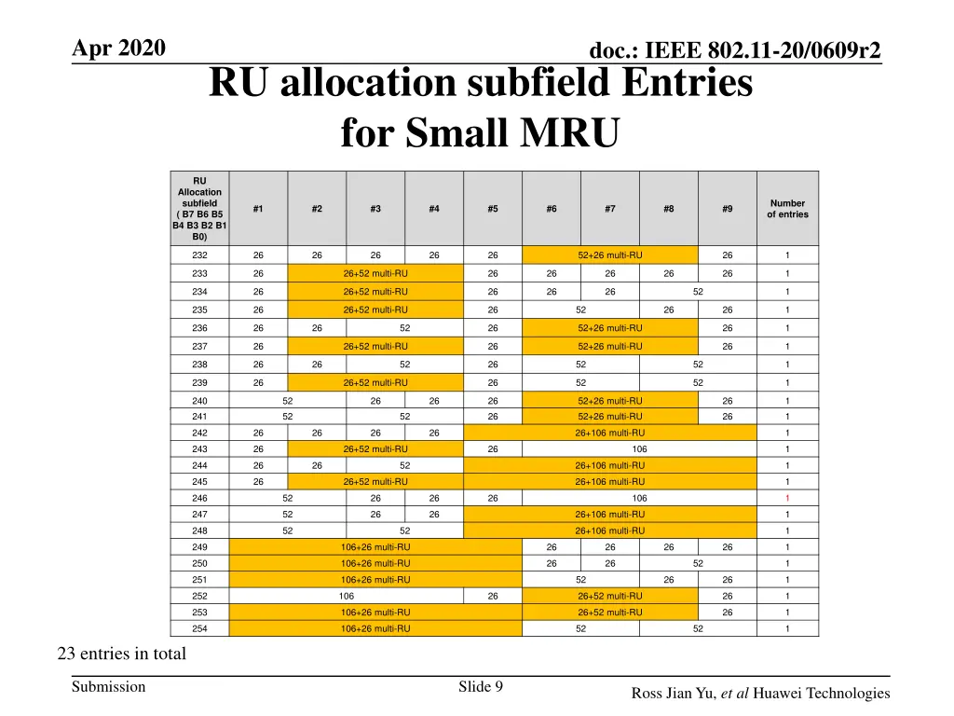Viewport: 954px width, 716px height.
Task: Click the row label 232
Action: (x=199, y=255)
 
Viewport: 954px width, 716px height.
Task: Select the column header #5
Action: (x=492, y=209)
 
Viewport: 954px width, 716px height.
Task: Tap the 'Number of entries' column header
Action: (x=787, y=209)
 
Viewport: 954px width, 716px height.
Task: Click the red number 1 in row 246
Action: (x=787, y=498)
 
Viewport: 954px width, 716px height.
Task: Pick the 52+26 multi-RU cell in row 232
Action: (x=609, y=255)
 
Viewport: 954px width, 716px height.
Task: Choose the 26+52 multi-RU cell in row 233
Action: (x=375, y=273)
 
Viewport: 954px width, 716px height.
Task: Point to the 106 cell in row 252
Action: (x=346, y=596)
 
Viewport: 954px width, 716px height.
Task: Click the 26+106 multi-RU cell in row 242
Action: (x=609, y=433)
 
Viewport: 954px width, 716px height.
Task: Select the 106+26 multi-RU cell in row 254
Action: (x=375, y=628)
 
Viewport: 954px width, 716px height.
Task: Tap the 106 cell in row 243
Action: (x=639, y=449)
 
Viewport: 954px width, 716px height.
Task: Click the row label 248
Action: (x=199, y=530)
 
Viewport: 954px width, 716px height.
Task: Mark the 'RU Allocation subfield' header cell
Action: (x=199, y=209)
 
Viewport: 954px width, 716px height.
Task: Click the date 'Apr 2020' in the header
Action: (x=119, y=48)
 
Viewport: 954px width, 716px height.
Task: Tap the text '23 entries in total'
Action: (x=122, y=654)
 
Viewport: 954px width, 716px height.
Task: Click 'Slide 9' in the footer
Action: (x=481, y=687)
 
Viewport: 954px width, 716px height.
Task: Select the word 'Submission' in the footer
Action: (x=109, y=687)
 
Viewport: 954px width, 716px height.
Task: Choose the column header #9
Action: (x=727, y=209)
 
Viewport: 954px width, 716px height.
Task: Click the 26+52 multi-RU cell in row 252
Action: (x=609, y=596)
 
